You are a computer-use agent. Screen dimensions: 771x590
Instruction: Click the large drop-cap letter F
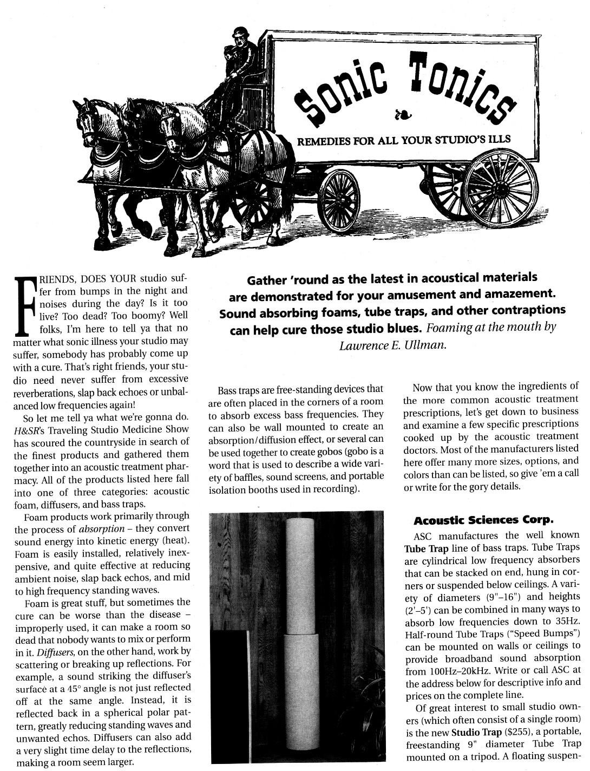tap(24, 305)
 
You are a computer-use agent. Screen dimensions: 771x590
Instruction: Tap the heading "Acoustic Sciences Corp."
tap(482, 521)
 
